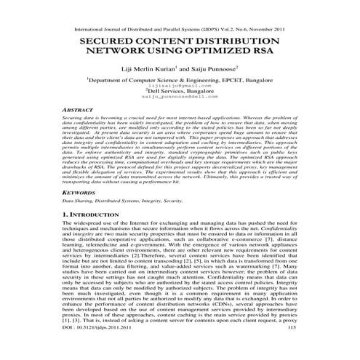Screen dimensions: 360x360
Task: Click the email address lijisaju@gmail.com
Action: pos(179,87)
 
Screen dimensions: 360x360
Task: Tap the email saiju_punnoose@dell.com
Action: pos(179,97)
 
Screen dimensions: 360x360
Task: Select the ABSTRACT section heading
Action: pos(79,109)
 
